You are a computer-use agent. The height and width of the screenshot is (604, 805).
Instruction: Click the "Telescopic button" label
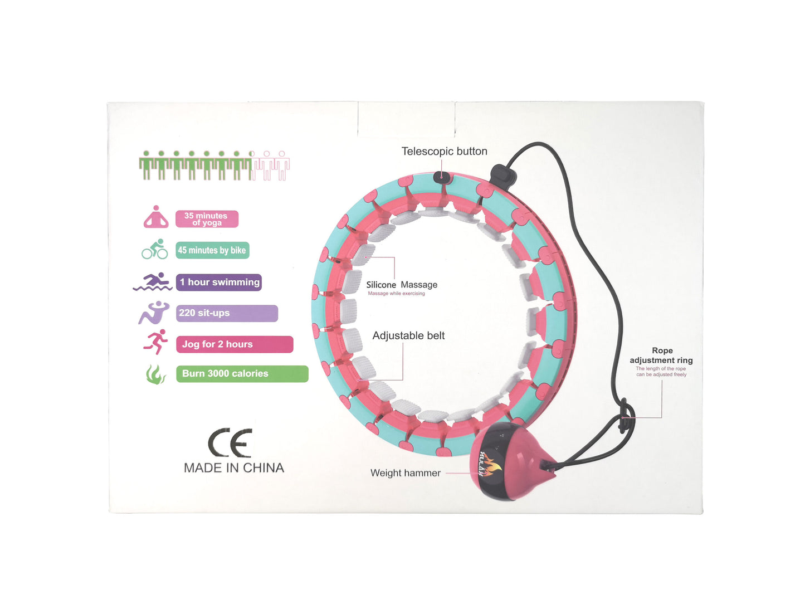tap(444, 152)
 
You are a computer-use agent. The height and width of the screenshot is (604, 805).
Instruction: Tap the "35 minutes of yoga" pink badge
tap(207, 219)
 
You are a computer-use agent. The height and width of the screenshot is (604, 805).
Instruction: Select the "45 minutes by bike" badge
tap(212, 250)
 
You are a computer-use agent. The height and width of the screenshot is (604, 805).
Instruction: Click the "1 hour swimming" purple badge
tap(219, 282)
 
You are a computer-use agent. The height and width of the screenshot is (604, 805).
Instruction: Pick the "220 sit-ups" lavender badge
tap(227, 313)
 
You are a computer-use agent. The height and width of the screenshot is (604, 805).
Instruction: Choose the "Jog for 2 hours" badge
tap(234, 344)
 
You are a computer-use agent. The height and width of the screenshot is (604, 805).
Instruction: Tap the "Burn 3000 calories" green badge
tap(242, 374)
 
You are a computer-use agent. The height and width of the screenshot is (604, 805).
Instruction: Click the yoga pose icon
tap(156, 217)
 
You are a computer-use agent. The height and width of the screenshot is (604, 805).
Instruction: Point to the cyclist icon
tap(155, 250)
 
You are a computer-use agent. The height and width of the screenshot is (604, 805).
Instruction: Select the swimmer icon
tap(153, 282)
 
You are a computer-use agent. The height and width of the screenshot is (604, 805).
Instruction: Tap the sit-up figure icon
tap(154, 313)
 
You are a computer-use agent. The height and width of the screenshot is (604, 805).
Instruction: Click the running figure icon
tap(156, 342)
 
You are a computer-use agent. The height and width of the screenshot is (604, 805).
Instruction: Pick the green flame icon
tap(156, 374)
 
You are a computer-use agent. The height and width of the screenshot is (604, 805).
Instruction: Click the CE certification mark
tap(230, 443)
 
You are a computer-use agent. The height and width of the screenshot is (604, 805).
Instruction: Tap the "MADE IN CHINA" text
tap(234, 468)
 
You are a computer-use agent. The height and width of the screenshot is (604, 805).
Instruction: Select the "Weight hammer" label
tap(405, 473)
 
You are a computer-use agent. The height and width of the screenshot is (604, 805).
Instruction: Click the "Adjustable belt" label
tap(408, 335)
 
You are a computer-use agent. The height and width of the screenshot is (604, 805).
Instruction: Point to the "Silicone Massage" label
tap(402, 285)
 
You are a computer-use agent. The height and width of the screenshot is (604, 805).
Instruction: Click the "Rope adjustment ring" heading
tap(661, 355)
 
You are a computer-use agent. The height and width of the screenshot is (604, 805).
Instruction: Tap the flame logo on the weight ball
tap(490, 465)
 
